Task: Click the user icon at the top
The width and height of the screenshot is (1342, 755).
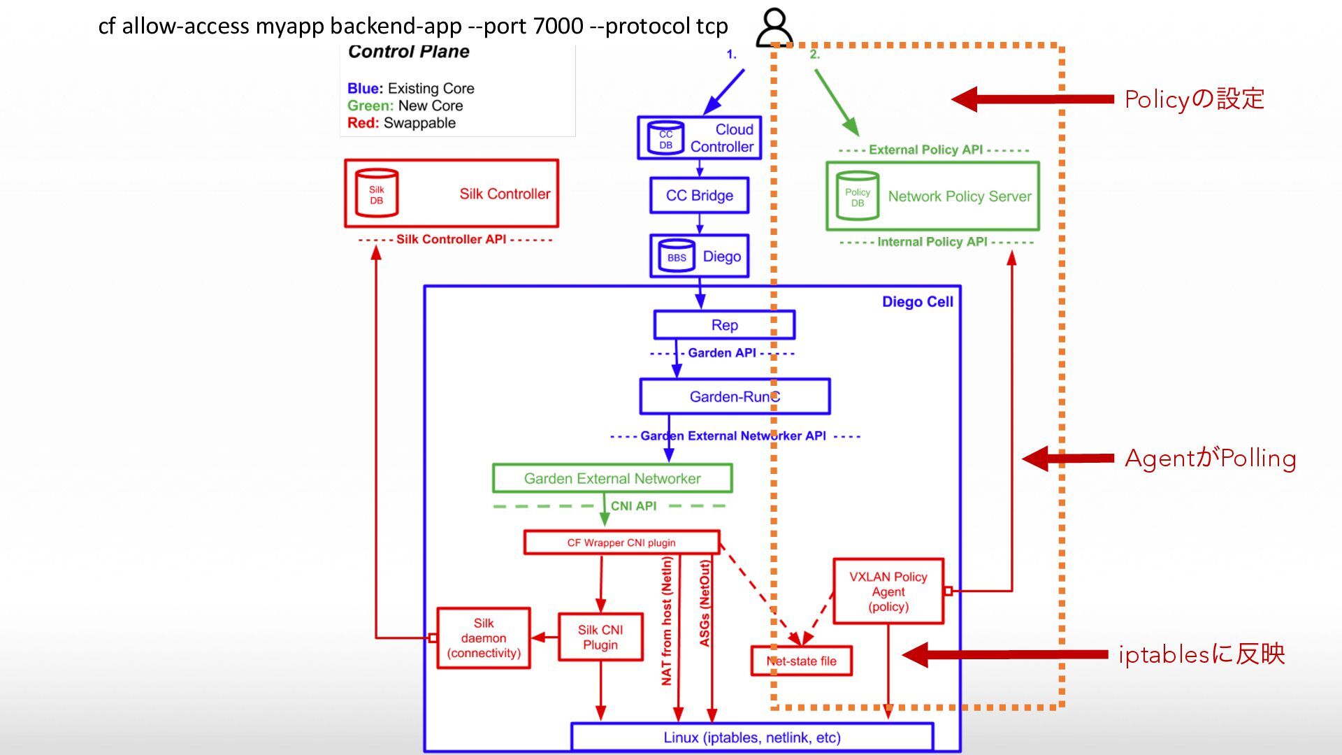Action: coord(774,27)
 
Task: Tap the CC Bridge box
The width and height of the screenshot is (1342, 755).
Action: coord(699,196)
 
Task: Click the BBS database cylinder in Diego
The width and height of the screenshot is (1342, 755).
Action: coord(676,256)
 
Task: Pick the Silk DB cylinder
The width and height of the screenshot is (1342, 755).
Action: coord(377,192)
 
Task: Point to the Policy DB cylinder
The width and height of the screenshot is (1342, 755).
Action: coord(858,196)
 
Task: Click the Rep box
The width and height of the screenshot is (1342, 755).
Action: coord(724,325)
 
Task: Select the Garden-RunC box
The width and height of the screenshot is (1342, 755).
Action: coord(735,396)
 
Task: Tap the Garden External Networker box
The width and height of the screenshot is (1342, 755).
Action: coord(612,478)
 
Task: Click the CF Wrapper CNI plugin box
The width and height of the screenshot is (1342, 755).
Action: coord(621,542)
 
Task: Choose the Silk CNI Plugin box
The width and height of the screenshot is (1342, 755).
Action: coord(600,637)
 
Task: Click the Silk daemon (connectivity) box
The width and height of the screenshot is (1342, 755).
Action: coord(484,638)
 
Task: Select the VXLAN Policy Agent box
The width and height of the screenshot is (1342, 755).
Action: coord(888,591)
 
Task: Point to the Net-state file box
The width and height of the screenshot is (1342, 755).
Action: coord(801,661)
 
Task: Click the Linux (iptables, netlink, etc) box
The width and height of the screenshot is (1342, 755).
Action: coord(752,738)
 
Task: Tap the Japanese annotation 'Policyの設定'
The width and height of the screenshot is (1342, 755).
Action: coord(1195,99)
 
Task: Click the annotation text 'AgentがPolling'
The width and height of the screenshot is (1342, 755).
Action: coord(1211,459)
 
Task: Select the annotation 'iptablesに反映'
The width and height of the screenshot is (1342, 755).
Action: coord(1202,654)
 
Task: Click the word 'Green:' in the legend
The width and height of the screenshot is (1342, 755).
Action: coord(370,106)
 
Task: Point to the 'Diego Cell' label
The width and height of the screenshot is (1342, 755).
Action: coord(917,302)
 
